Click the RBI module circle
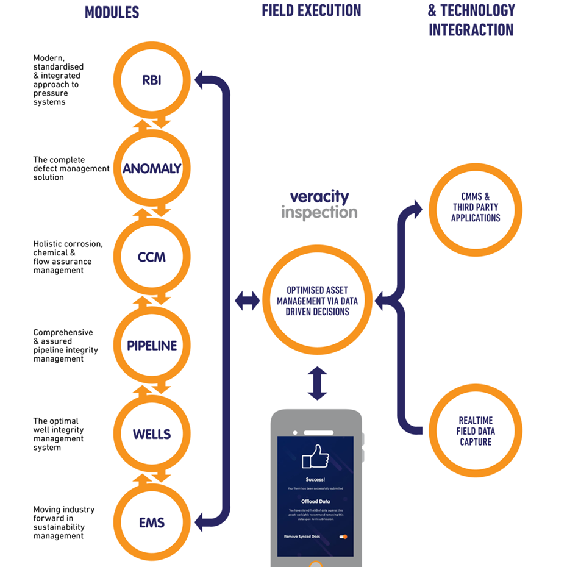[152, 80]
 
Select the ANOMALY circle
[152, 169]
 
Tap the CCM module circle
[152, 257]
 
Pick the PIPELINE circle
[152, 346]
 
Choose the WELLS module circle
[152, 434]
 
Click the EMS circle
[152, 522]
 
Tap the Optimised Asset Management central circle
[317, 301]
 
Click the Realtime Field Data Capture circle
[476, 431]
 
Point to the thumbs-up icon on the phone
[315, 457]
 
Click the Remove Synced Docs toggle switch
[343, 537]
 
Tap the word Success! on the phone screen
[315, 480]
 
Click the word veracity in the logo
[319, 197]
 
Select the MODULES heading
[112, 12]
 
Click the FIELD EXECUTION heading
[312, 10]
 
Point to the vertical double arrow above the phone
[318, 383]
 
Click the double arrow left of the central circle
[247, 301]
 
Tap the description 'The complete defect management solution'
[71, 169]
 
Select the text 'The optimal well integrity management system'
[59, 434]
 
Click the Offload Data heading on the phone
[315, 502]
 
